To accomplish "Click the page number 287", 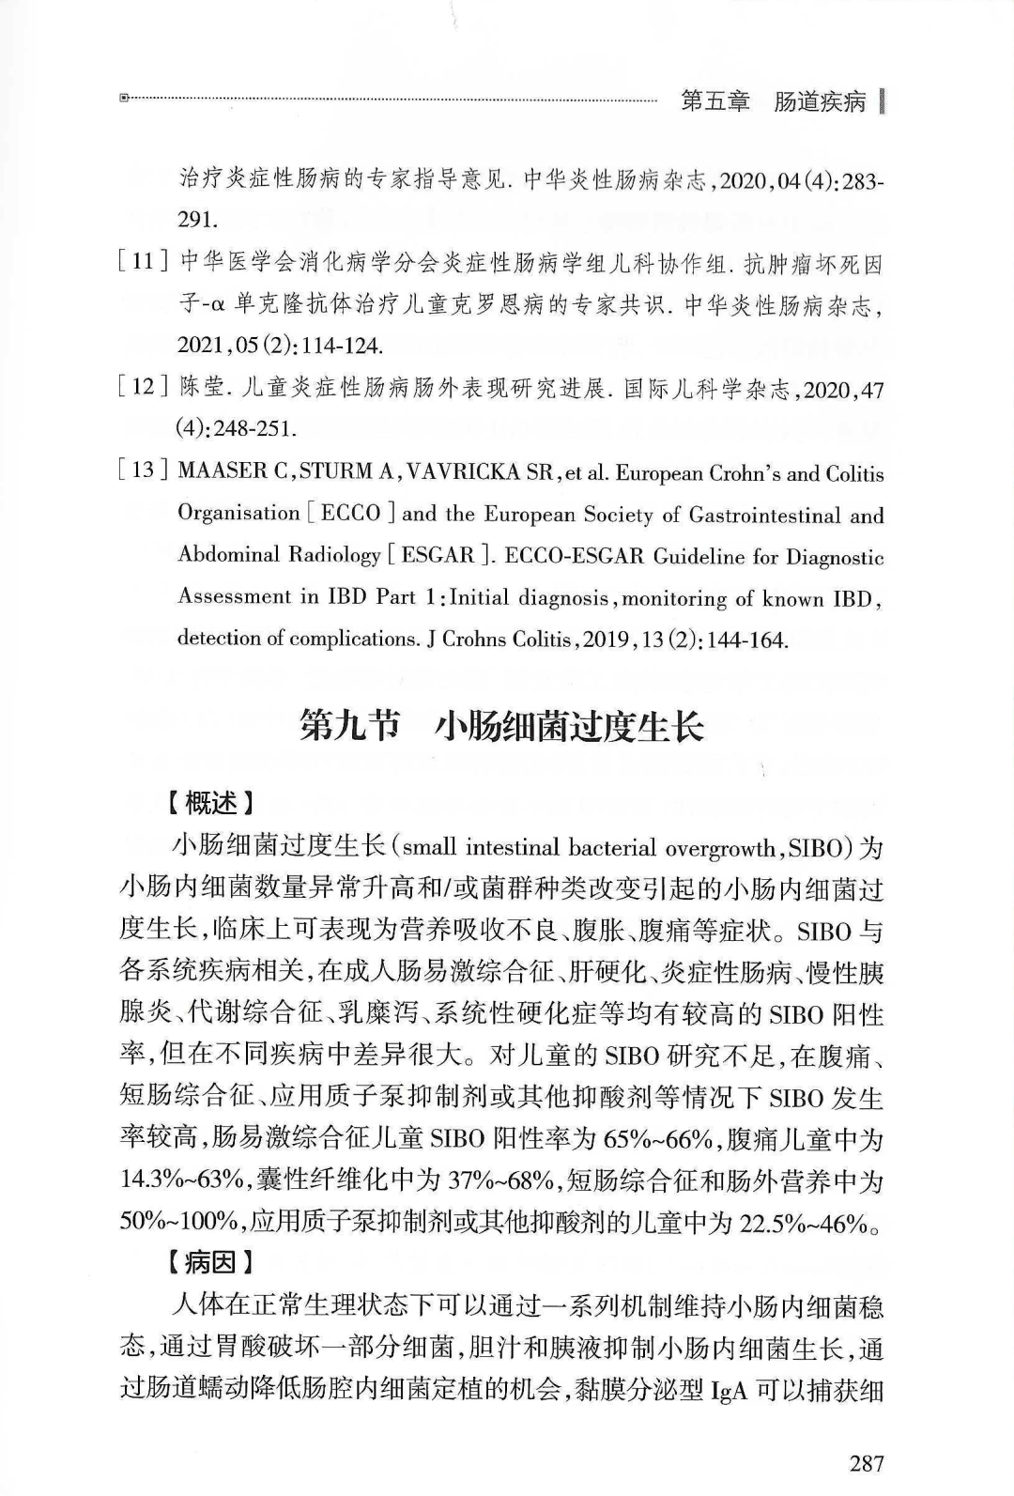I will click(866, 1462).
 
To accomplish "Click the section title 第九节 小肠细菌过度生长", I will click(501, 726).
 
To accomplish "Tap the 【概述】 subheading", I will click(207, 804).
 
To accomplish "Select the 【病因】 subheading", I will click(207, 1262).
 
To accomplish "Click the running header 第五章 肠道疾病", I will click(773, 101).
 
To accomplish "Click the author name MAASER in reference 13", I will click(222, 471).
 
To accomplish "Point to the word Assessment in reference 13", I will click(235, 596).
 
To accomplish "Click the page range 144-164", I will click(751, 640).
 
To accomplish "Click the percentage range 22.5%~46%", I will click(803, 1222).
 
